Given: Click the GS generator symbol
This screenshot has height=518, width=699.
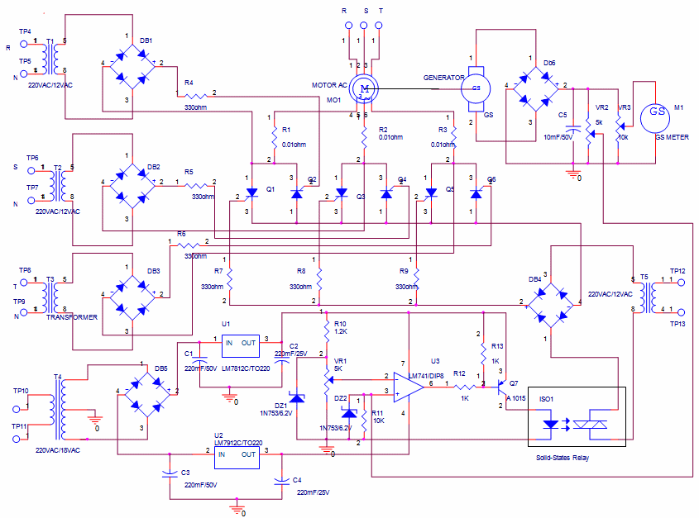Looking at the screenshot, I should (476, 88).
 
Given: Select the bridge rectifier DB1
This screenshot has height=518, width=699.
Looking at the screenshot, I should (128, 63).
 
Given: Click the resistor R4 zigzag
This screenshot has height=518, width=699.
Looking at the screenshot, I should (195, 93).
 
